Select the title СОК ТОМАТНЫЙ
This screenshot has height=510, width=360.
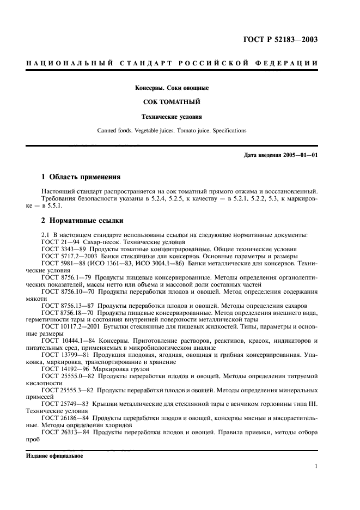click(172, 102)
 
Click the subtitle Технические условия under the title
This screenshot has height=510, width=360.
click(172, 117)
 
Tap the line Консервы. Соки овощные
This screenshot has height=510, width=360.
click(172, 88)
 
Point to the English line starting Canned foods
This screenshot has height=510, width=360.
click(172, 131)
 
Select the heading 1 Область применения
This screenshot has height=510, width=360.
click(81, 177)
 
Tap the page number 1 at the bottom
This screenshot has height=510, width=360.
click(316, 466)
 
